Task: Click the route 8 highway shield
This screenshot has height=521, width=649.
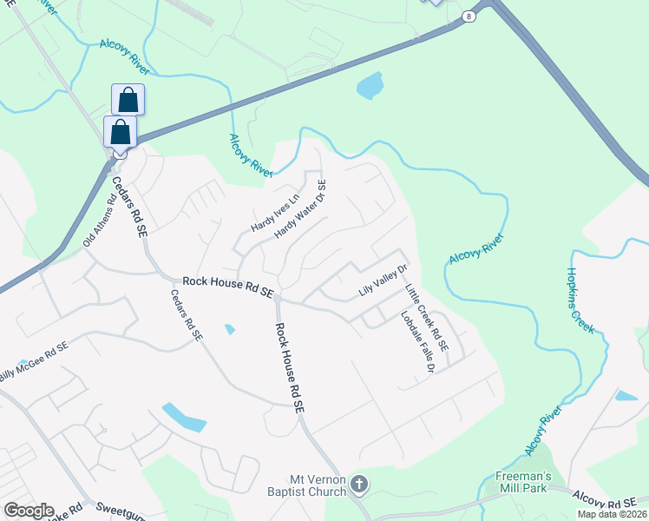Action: (469, 16)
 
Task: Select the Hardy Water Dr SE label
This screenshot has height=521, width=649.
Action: (300, 210)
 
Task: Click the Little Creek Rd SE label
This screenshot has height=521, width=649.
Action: (427, 317)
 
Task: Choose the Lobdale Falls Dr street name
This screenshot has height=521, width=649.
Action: (416, 341)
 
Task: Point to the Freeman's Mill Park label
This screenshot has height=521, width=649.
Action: (518, 483)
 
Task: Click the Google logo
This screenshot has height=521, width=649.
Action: (29, 511)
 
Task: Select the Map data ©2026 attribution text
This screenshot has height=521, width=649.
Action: (612, 514)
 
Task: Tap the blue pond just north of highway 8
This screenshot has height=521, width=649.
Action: (369, 86)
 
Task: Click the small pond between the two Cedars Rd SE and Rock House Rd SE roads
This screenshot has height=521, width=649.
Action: (229, 329)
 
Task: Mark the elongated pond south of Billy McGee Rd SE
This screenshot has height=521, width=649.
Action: (184, 417)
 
